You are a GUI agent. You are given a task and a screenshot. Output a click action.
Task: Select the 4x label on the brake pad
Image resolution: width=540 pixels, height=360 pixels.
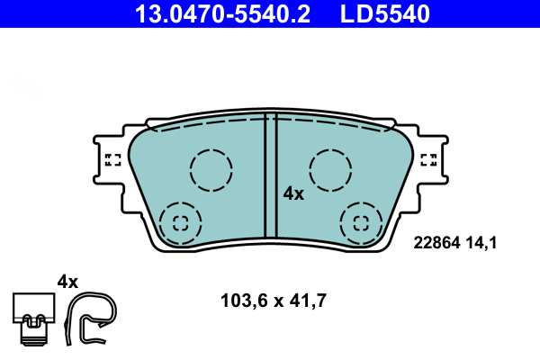click(293, 193)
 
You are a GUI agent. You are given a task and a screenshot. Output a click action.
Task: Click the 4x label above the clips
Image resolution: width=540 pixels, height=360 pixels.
click(68, 281)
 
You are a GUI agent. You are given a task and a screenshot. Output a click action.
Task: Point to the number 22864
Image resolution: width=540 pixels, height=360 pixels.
click(436, 241)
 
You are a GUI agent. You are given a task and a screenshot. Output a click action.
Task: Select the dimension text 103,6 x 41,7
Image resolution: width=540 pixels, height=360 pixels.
click(273, 301)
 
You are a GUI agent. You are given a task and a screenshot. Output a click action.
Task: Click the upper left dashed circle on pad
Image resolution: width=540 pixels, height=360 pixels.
click(211, 168)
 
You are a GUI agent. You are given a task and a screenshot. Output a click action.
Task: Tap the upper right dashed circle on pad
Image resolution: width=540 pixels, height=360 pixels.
click(329, 168)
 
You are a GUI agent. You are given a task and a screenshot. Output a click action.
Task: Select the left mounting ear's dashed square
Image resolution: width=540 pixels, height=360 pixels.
click(113, 160)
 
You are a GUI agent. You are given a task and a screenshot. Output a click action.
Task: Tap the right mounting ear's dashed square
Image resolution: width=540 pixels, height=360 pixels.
click(429, 160)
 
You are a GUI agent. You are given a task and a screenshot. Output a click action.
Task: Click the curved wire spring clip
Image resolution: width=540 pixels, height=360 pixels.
click(91, 319)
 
